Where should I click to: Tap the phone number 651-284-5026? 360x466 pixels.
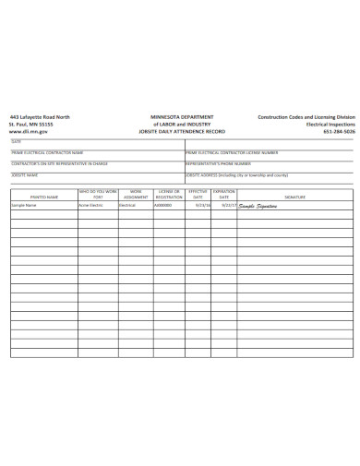click(x=338, y=132)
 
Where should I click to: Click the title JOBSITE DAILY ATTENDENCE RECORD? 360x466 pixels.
click(x=182, y=132)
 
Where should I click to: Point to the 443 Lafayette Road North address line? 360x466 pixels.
click(x=40, y=117)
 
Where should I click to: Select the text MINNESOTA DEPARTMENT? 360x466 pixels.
click(x=182, y=117)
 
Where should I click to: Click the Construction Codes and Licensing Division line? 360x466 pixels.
click(x=306, y=117)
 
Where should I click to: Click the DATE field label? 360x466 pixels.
click(x=17, y=141)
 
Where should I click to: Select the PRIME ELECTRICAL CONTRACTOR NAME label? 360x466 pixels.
click(x=47, y=152)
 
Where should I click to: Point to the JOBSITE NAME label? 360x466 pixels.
click(x=25, y=173)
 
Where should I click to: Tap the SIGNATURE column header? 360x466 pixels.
click(x=295, y=197)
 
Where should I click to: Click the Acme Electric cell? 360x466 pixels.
click(x=89, y=205)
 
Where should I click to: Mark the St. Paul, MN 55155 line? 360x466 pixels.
click(x=32, y=125)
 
